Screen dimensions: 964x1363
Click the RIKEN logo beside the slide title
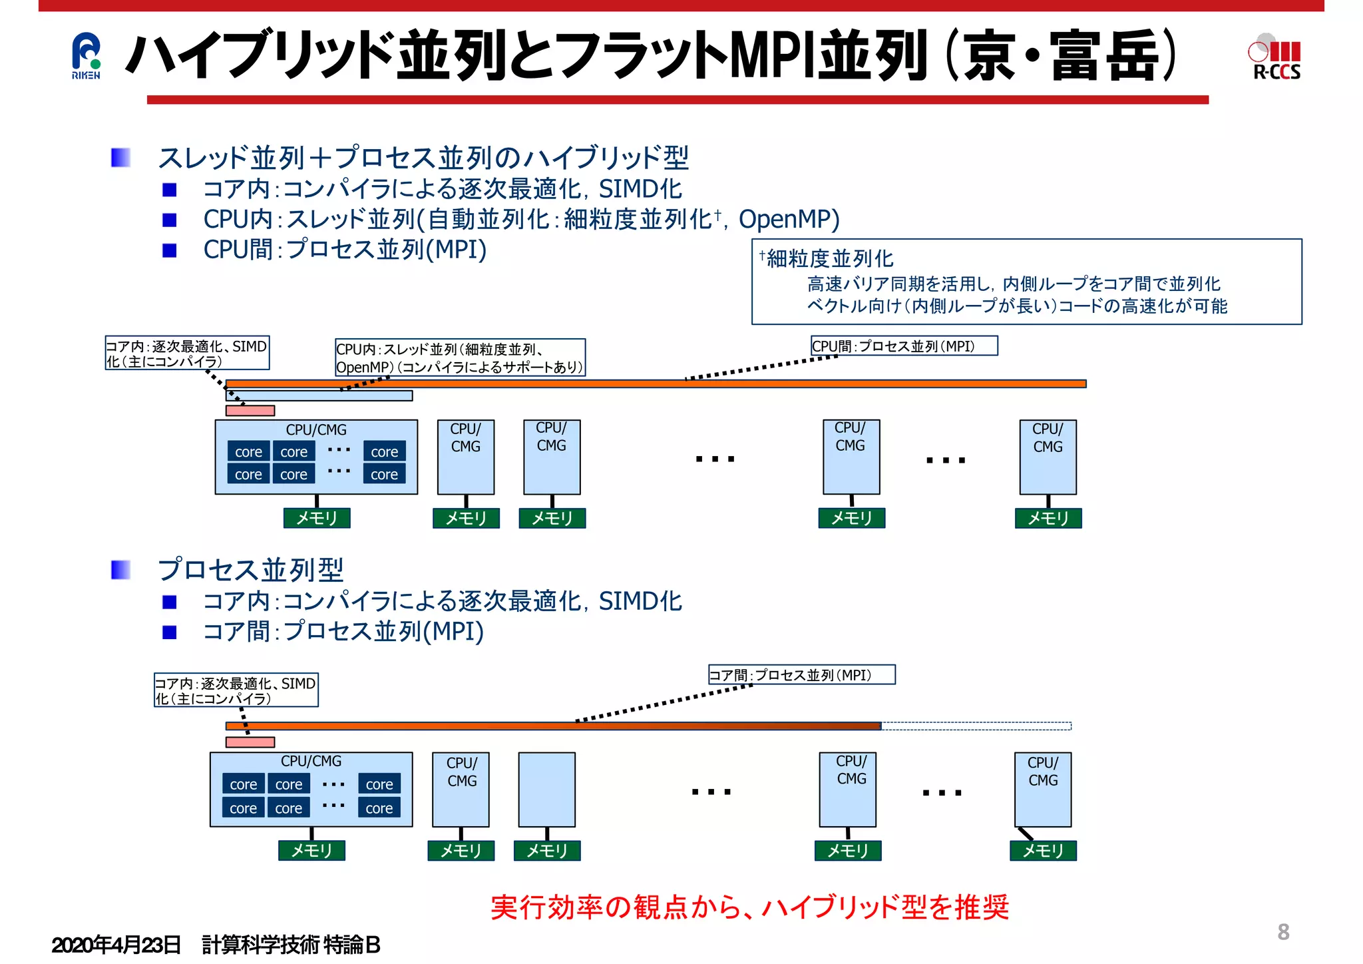tap(86, 56)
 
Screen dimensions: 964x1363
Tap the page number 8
tap(1283, 931)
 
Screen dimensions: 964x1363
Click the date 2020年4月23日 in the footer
tap(116, 945)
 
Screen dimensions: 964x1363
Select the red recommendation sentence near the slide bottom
tap(749, 907)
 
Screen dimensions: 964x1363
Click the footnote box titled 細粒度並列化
tap(1026, 282)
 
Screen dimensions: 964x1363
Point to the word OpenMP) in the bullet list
tap(789, 219)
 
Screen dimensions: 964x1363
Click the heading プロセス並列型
tap(250, 570)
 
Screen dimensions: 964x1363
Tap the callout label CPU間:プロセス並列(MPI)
tap(903, 346)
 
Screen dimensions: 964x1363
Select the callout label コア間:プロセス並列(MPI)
tap(801, 675)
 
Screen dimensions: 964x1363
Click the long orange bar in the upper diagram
tap(656, 383)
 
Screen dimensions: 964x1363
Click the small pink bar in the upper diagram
tap(250, 411)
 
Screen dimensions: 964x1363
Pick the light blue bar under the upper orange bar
tap(319, 396)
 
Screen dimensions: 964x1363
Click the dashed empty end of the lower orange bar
tap(976, 726)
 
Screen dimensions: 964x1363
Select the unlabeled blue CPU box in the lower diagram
tap(546, 790)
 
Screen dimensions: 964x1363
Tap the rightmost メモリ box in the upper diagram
tap(1048, 518)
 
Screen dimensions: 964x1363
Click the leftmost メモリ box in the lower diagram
tap(311, 850)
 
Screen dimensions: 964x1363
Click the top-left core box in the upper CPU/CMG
tap(248, 451)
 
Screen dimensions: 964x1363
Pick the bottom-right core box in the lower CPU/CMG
tap(379, 808)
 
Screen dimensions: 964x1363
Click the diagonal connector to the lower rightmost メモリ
tap(1026, 834)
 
